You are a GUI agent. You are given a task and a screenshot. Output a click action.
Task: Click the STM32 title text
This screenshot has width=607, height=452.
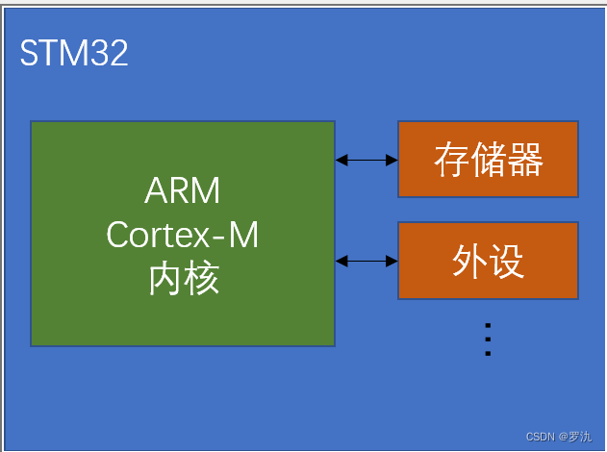74,53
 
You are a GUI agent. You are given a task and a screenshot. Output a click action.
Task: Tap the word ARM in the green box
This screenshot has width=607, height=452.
183,191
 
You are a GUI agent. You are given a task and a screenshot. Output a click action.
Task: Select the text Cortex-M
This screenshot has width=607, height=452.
183,235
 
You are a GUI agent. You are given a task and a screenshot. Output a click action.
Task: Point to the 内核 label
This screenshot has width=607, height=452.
183,278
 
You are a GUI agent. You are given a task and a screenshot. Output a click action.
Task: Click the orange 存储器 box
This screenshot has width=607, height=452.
488,160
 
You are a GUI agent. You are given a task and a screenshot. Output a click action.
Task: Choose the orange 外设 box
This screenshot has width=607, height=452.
488,261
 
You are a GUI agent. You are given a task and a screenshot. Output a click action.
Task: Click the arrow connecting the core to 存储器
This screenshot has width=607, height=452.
367,160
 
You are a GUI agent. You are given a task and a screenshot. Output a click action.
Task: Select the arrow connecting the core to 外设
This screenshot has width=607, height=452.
367,261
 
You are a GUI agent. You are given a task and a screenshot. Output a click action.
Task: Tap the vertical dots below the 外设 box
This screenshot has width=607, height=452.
488,339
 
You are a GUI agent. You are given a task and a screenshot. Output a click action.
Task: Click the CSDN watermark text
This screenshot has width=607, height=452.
541,437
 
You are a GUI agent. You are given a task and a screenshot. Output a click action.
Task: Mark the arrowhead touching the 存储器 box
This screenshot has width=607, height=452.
392,160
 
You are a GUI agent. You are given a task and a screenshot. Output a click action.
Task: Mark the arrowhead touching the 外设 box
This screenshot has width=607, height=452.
392,261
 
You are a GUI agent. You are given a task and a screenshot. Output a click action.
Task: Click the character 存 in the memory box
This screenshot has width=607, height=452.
451,160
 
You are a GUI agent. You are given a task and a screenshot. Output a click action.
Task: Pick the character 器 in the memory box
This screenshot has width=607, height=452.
525,160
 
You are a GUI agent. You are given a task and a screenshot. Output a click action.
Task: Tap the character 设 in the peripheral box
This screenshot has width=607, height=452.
507,261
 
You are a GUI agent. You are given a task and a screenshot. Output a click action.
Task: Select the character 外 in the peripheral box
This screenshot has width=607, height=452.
469,261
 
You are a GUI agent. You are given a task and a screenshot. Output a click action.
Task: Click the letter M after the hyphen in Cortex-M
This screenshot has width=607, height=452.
244,235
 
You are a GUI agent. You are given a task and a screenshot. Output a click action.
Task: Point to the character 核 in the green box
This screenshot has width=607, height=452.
202,278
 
